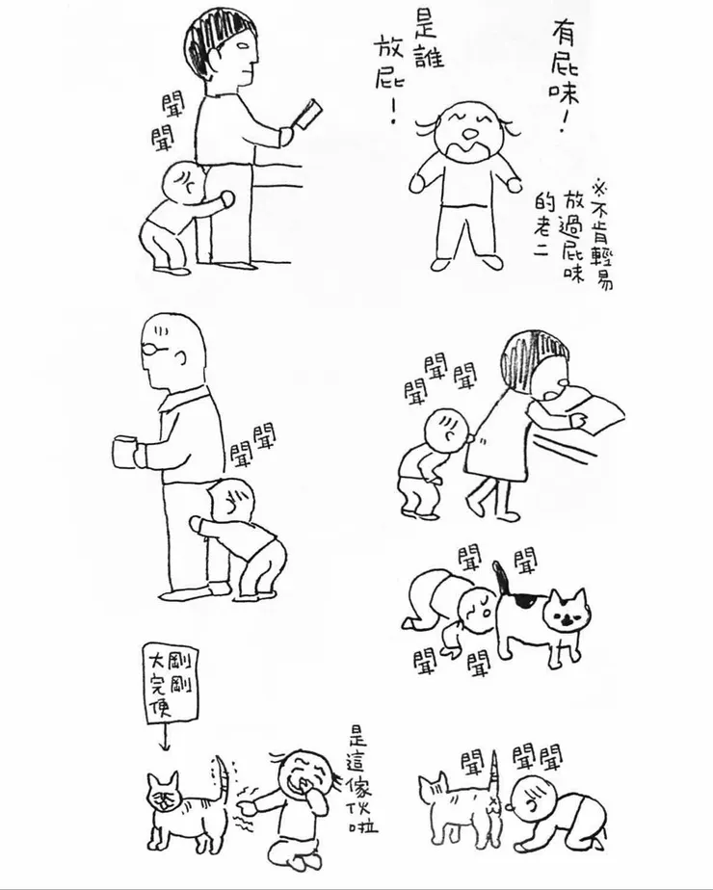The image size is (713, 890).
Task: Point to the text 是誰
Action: pos(430,39)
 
